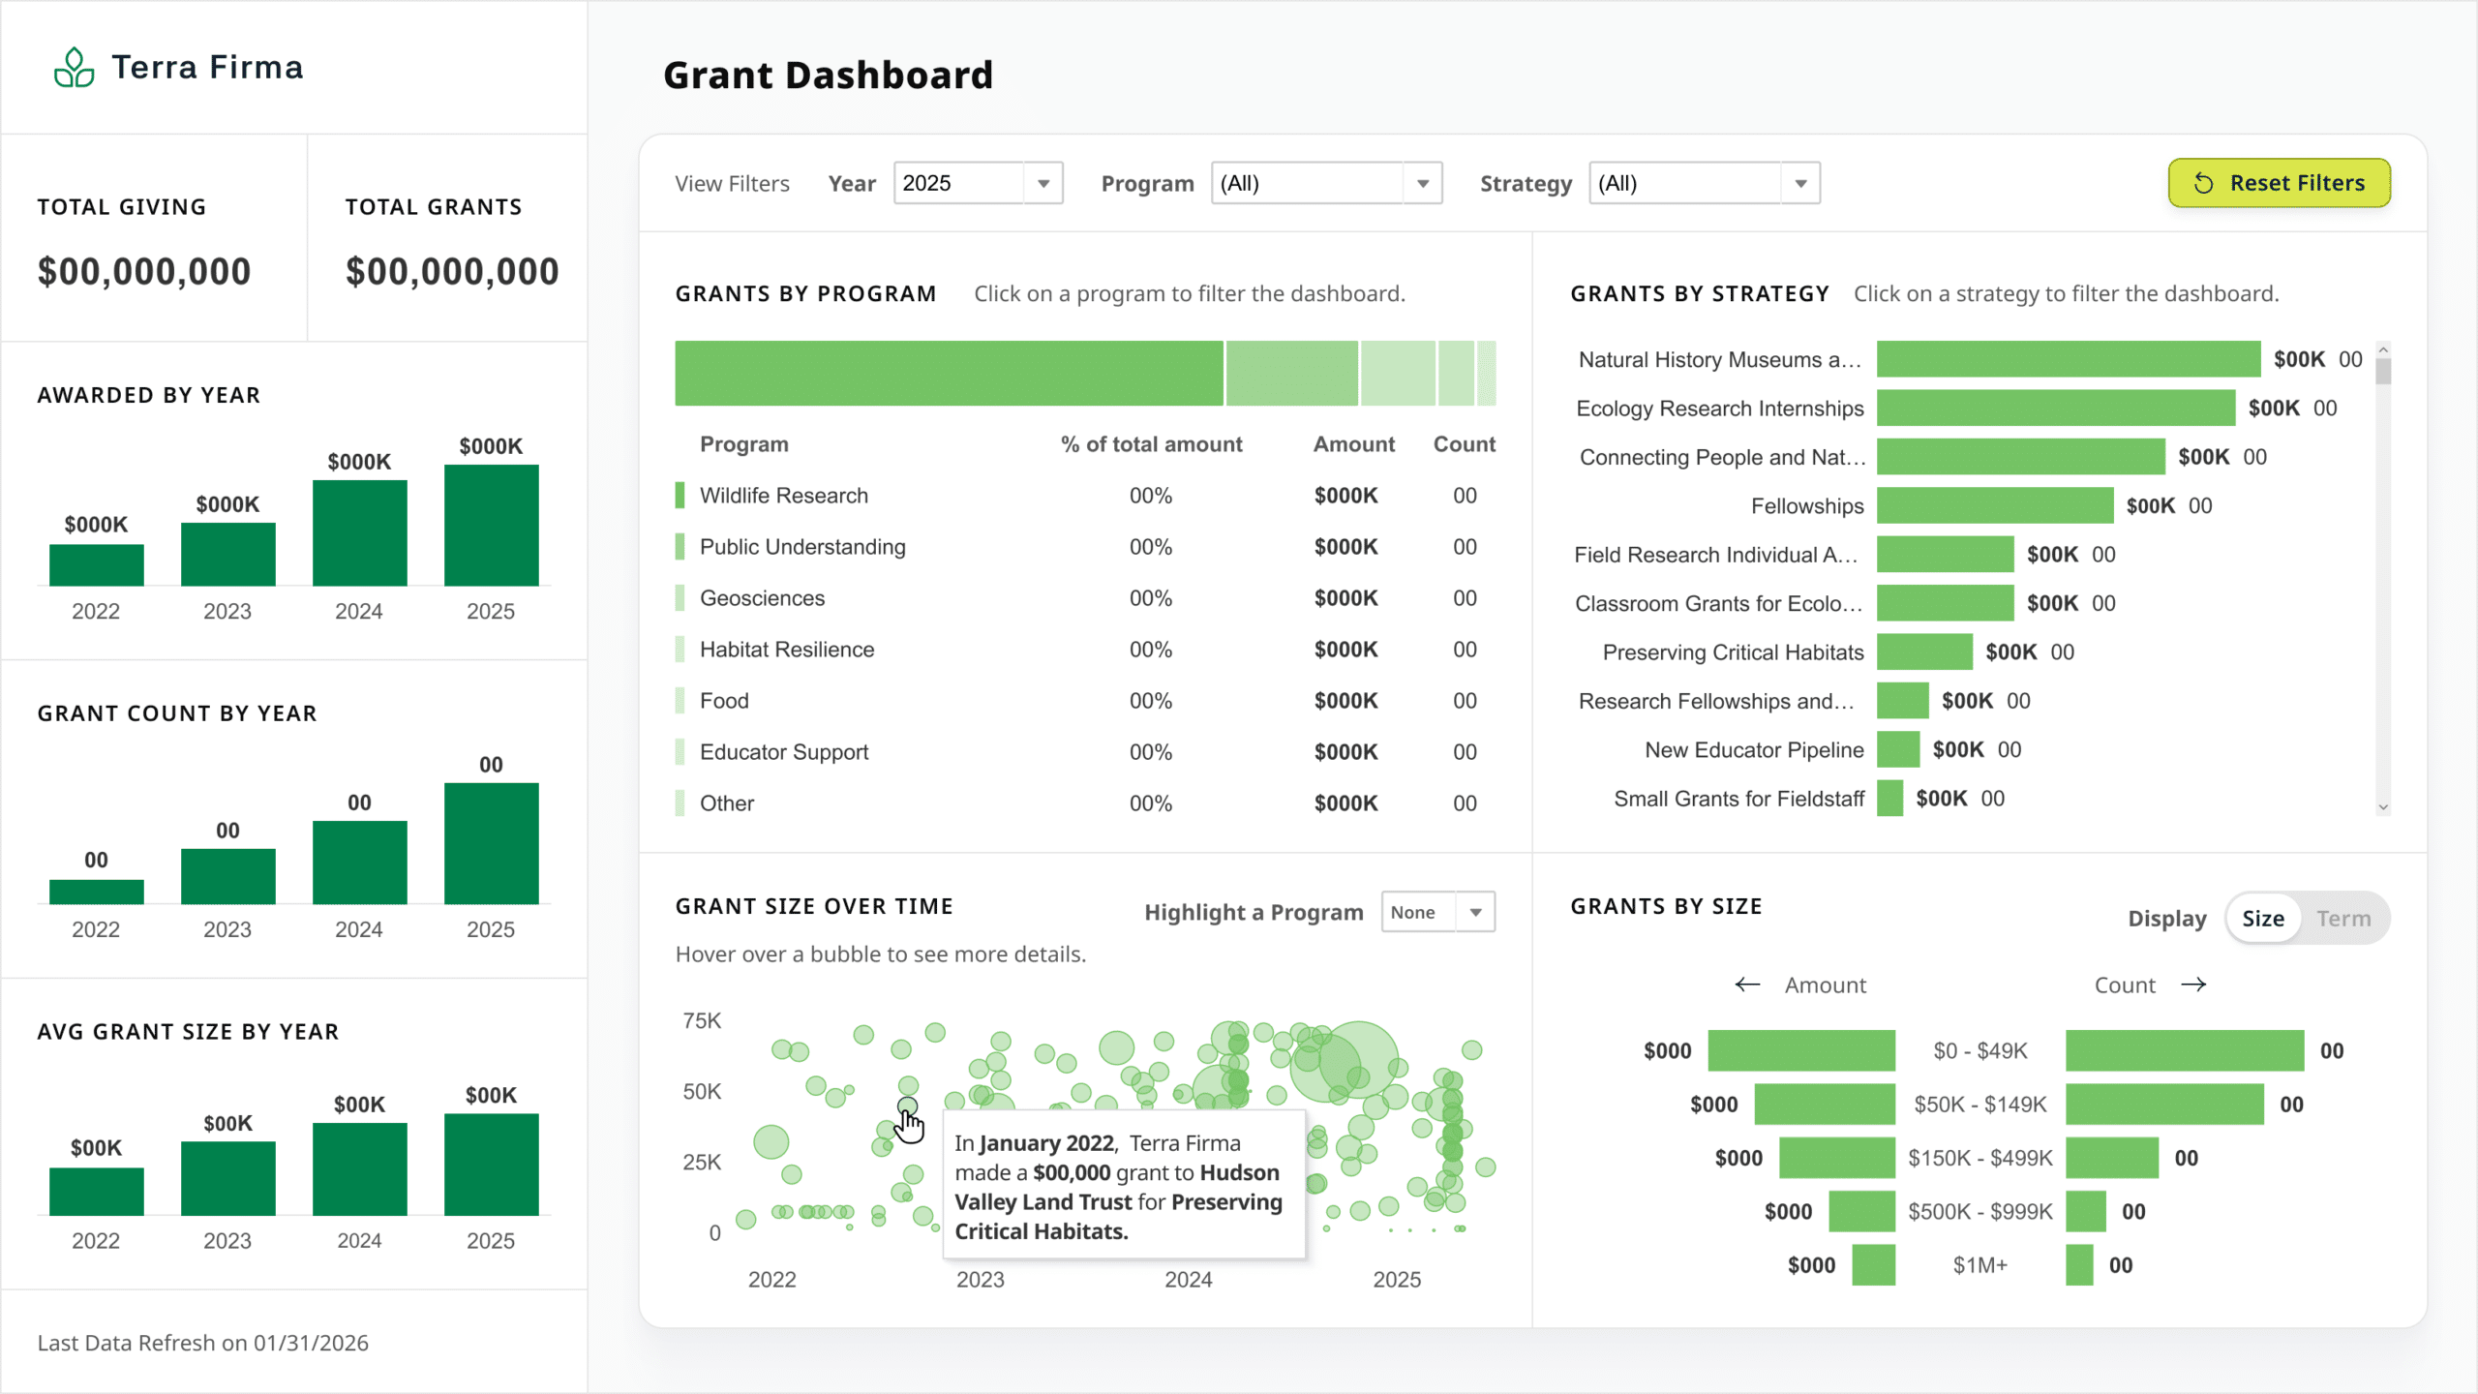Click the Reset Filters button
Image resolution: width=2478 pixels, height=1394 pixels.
tap(2279, 183)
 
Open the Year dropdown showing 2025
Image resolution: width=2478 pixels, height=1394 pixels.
tap(978, 183)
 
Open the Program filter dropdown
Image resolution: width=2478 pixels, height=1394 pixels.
tap(1326, 183)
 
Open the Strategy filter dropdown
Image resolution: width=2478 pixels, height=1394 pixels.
tap(1704, 183)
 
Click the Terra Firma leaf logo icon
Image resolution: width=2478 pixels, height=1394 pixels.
tap(74, 67)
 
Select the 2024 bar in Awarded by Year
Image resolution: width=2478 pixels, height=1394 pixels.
tap(359, 532)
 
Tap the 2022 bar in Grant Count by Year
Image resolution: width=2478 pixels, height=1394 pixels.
tap(96, 892)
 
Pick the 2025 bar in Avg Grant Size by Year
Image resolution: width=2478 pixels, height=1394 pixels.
tap(491, 1164)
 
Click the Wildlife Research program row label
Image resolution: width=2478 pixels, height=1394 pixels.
tap(784, 496)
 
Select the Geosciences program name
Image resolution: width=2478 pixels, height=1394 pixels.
tap(762, 598)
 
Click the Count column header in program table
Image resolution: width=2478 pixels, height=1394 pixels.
tap(1464, 444)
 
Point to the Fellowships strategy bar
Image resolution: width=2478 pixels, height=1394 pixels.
tap(1994, 505)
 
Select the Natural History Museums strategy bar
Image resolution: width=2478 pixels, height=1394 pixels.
tap(2069, 359)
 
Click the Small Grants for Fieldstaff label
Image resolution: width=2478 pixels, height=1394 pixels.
tap(1738, 799)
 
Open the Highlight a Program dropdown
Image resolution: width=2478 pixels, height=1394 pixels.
tap(1437, 912)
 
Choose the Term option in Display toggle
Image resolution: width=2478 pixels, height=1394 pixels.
tap(2343, 919)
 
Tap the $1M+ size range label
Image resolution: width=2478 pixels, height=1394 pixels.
tap(1979, 1265)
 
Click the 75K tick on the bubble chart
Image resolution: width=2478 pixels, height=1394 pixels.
tap(702, 1020)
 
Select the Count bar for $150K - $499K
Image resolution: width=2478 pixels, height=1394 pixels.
tap(2111, 1158)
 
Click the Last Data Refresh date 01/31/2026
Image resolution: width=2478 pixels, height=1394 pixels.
tap(311, 1343)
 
